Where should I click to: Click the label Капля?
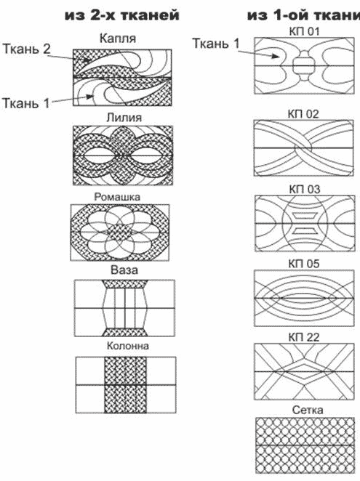pyautogui.click(x=117, y=39)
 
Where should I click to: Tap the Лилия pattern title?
pyautogui.click(x=124, y=118)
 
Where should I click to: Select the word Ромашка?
pyautogui.click(x=117, y=197)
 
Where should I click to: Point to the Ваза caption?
pyautogui.click(x=124, y=270)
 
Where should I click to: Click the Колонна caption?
pyautogui.click(x=128, y=346)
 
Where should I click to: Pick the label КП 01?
pyautogui.click(x=304, y=31)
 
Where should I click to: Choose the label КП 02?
pyautogui.click(x=303, y=114)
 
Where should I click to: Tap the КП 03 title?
pyautogui.click(x=305, y=189)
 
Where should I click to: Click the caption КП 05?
pyautogui.click(x=304, y=264)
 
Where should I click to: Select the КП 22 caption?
pyautogui.click(x=304, y=337)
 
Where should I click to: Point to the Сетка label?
pyautogui.click(x=308, y=410)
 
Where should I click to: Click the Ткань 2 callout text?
pyautogui.click(x=26, y=49)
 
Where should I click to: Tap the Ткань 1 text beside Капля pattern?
pyautogui.click(x=25, y=103)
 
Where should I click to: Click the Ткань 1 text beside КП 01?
pyautogui.click(x=215, y=44)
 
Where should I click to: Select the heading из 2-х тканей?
pyautogui.click(x=122, y=15)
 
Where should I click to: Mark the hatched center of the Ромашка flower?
pyautogui.click(x=119, y=233)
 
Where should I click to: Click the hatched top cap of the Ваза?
pyautogui.click(x=124, y=284)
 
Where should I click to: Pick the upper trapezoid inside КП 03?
pyautogui.click(x=304, y=216)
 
